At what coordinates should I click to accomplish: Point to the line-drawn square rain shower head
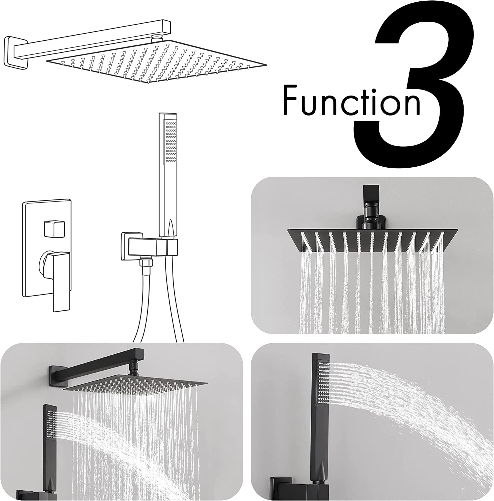(157, 62)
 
